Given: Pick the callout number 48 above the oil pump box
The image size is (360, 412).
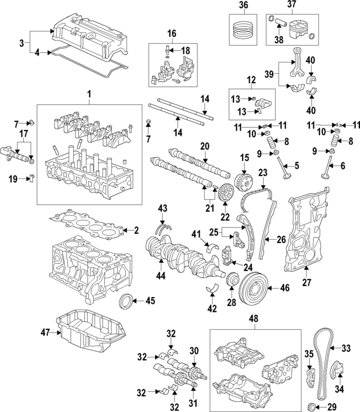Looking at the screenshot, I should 253,319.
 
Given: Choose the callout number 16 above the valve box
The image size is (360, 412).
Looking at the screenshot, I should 171,34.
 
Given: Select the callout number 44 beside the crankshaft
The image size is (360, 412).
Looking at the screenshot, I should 161,276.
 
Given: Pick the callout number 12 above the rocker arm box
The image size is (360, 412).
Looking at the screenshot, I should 251,80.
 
